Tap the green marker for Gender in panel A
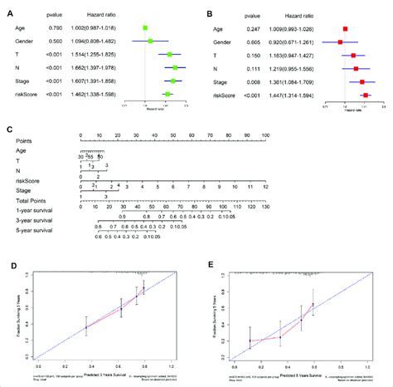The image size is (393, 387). click(x=150, y=41)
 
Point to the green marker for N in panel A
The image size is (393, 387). click(x=175, y=67)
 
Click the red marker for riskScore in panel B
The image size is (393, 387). click(x=366, y=96)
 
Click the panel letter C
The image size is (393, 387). click(x=8, y=130)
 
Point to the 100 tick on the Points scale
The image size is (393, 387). click(x=264, y=135)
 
